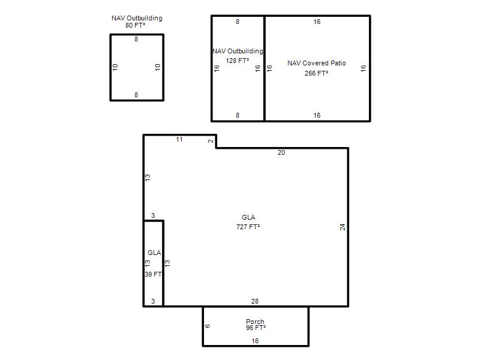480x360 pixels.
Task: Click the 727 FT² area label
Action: [x=248, y=227]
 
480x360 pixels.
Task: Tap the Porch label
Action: [x=255, y=322]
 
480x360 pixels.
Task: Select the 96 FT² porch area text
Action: [x=256, y=328]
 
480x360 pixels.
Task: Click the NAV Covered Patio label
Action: [x=317, y=63]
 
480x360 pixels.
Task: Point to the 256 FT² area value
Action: [x=316, y=73]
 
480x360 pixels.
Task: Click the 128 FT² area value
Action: [x=237, y=61]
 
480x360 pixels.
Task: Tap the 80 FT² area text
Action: [x=135, y=25]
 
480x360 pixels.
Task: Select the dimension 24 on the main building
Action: [x=343, y=227]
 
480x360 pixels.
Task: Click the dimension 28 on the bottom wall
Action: [x=254, y=301]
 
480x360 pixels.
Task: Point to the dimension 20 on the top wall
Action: [x=281, y=152]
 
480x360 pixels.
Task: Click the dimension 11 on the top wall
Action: [x=179, y=140]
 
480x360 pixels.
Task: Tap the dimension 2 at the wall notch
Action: [x=211, y=141]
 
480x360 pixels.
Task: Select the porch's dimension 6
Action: [x=208, y=326]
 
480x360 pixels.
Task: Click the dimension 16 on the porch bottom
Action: [x=255, y=341]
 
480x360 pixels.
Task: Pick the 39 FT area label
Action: [x=153, y=274]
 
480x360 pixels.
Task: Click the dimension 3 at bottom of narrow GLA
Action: [x=153, y=301]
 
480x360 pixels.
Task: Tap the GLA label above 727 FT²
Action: [x=248, y=217]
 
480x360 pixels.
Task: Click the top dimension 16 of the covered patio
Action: [x=317, y=22]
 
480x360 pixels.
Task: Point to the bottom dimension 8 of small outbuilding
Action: [x=136, y=95]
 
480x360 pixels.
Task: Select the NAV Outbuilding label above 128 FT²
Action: [x=238, y=51]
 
